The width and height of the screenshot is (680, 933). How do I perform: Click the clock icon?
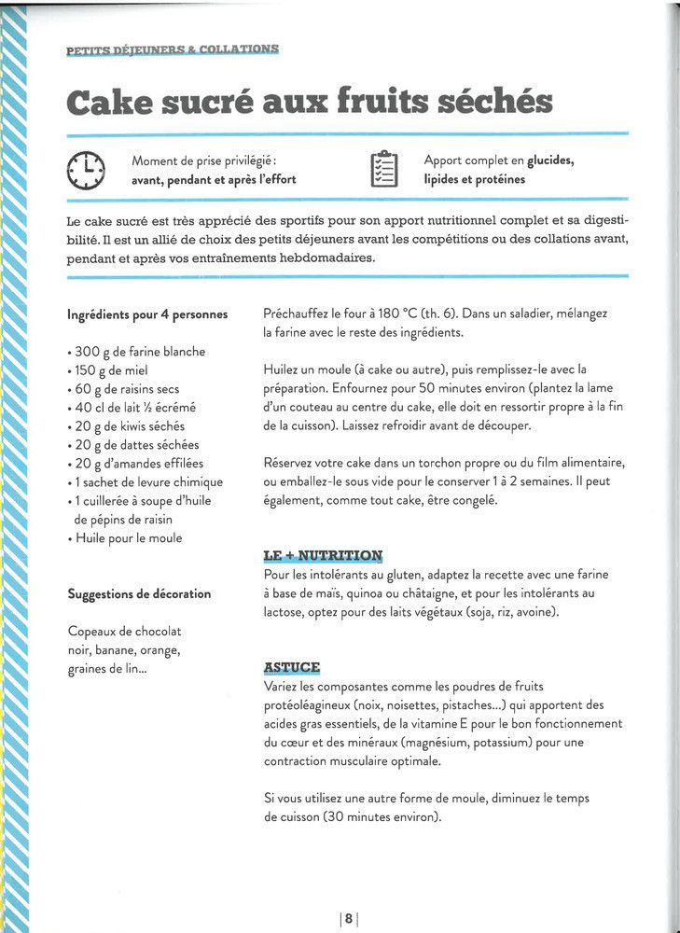point(87,170)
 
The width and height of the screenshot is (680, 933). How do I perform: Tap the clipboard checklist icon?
point(384,169)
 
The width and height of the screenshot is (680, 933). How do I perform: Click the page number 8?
point(348,918)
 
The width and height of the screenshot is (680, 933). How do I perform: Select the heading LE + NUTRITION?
point(323,555)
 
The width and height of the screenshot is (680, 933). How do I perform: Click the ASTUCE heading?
point(292,667)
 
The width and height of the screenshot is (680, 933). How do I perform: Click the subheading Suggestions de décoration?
point(139,593)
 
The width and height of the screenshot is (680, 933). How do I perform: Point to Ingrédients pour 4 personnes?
point(147,314)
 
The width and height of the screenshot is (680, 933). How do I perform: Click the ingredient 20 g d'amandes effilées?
point(135,464)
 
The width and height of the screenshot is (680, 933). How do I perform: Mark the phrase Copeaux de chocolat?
point(124,631)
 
